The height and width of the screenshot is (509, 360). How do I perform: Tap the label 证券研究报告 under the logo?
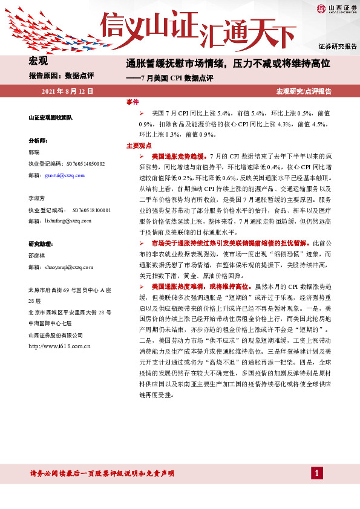(x=338, y=47)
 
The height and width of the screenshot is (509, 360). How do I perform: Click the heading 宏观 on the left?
(x=38, y=60)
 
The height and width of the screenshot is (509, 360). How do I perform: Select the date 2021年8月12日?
(x=67, y=91)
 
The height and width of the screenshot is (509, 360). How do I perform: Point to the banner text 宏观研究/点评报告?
(x=304, y=91)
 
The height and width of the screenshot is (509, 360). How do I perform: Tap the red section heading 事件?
(x=132, y=102)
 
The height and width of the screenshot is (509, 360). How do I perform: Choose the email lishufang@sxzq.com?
(x=68, y=221)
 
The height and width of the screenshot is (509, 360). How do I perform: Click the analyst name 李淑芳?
(x=36, y=198)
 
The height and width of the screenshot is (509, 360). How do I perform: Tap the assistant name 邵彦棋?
(x=36, y=255)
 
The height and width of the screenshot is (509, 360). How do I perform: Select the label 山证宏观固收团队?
(x=51, y=117)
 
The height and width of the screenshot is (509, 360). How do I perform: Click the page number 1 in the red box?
(x=316, y=473)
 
